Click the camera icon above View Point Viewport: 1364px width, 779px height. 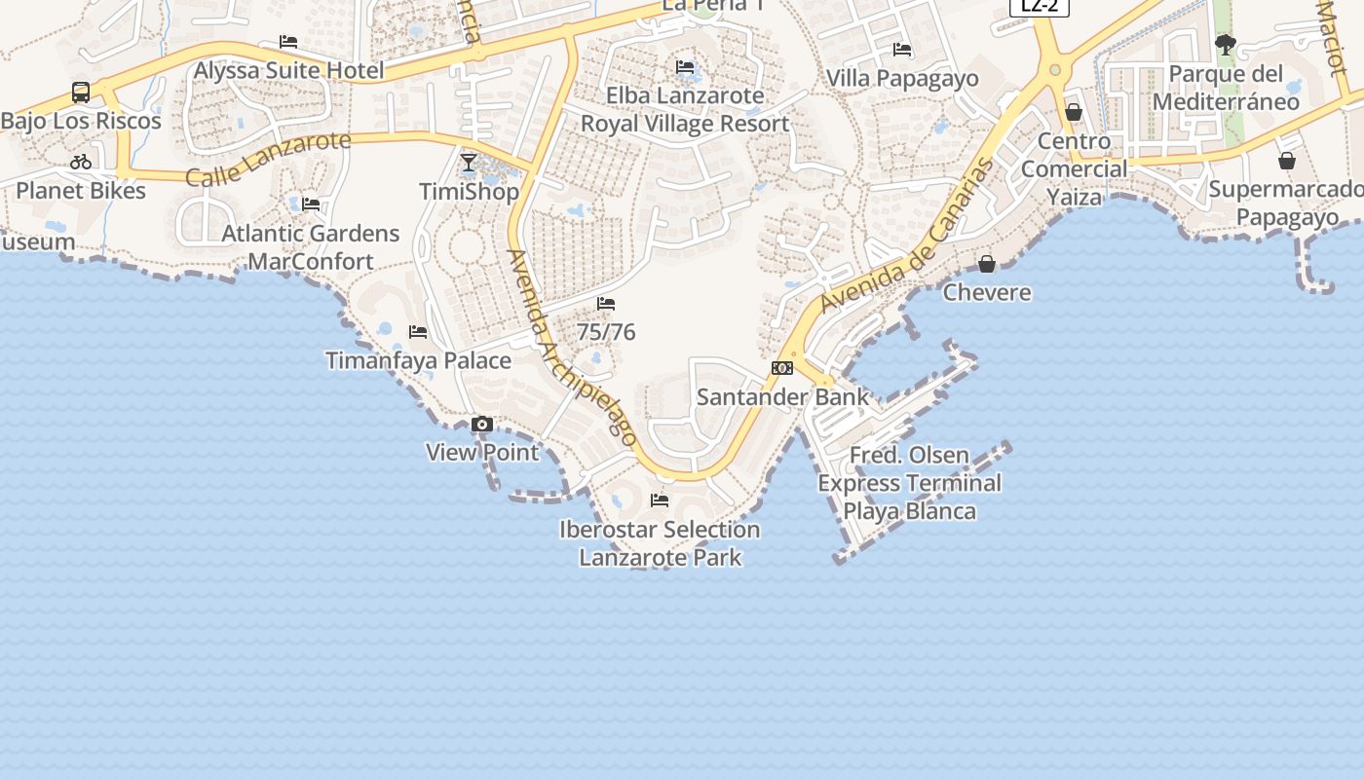(x=482, y=425)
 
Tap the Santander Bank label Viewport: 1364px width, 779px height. (x=782, y=396)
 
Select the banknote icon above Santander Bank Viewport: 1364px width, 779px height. (x=782, y=368)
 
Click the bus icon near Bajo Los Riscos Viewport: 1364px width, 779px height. (x=81, y=93)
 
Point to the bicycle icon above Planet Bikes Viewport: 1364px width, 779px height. (x=81, y=162)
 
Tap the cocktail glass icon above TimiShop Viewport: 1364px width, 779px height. (x=469, y=163)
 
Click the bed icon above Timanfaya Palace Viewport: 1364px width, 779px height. (x=418, y=332)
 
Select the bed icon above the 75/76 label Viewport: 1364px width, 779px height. (x=606, y=304)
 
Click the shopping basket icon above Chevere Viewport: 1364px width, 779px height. (x=987, y=264)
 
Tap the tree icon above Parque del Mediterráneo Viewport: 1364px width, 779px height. (x=1226, y=45)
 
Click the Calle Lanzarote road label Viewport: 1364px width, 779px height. (x=267, y=159)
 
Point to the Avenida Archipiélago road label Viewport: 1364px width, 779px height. (x=572, y=348)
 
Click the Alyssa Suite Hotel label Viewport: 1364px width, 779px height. (x=288, y=70)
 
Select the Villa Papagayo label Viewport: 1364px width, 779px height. (x=902, y=78)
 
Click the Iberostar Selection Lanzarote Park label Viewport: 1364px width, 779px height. (x=660, y=543)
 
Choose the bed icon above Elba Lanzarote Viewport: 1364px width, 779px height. (x=685, y=67)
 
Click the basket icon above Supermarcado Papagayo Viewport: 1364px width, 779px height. (x=1287, y=161)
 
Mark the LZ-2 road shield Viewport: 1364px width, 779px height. (x=1040, y=6)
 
